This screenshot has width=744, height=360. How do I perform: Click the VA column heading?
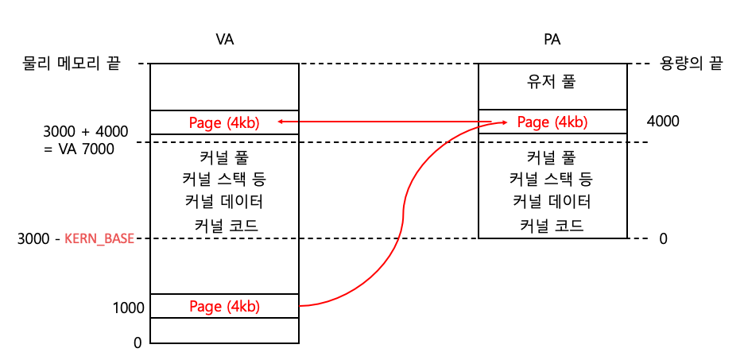[225, 39]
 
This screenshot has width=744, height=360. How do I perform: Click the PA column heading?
[552, 39]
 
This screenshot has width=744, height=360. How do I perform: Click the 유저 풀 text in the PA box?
[552, 82]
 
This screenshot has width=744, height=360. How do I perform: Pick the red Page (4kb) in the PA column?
[552, 122]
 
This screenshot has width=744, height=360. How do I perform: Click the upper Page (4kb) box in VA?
[224, 122]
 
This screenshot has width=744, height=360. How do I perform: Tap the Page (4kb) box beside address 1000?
[224, 306]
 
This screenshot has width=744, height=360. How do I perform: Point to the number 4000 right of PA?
[664, 122]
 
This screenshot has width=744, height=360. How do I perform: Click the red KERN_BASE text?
[99, 238]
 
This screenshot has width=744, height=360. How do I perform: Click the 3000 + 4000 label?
[86, 130]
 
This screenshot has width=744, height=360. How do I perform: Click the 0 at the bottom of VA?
[137, 343]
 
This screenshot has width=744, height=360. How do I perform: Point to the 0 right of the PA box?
[663, 238]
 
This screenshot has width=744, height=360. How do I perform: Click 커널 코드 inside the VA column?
[227, 225]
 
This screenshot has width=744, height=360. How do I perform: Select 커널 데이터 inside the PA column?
[552, 202]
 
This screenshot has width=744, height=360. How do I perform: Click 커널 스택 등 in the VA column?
[225, 179]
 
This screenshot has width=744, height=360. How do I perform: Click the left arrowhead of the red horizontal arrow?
[279, 122]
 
